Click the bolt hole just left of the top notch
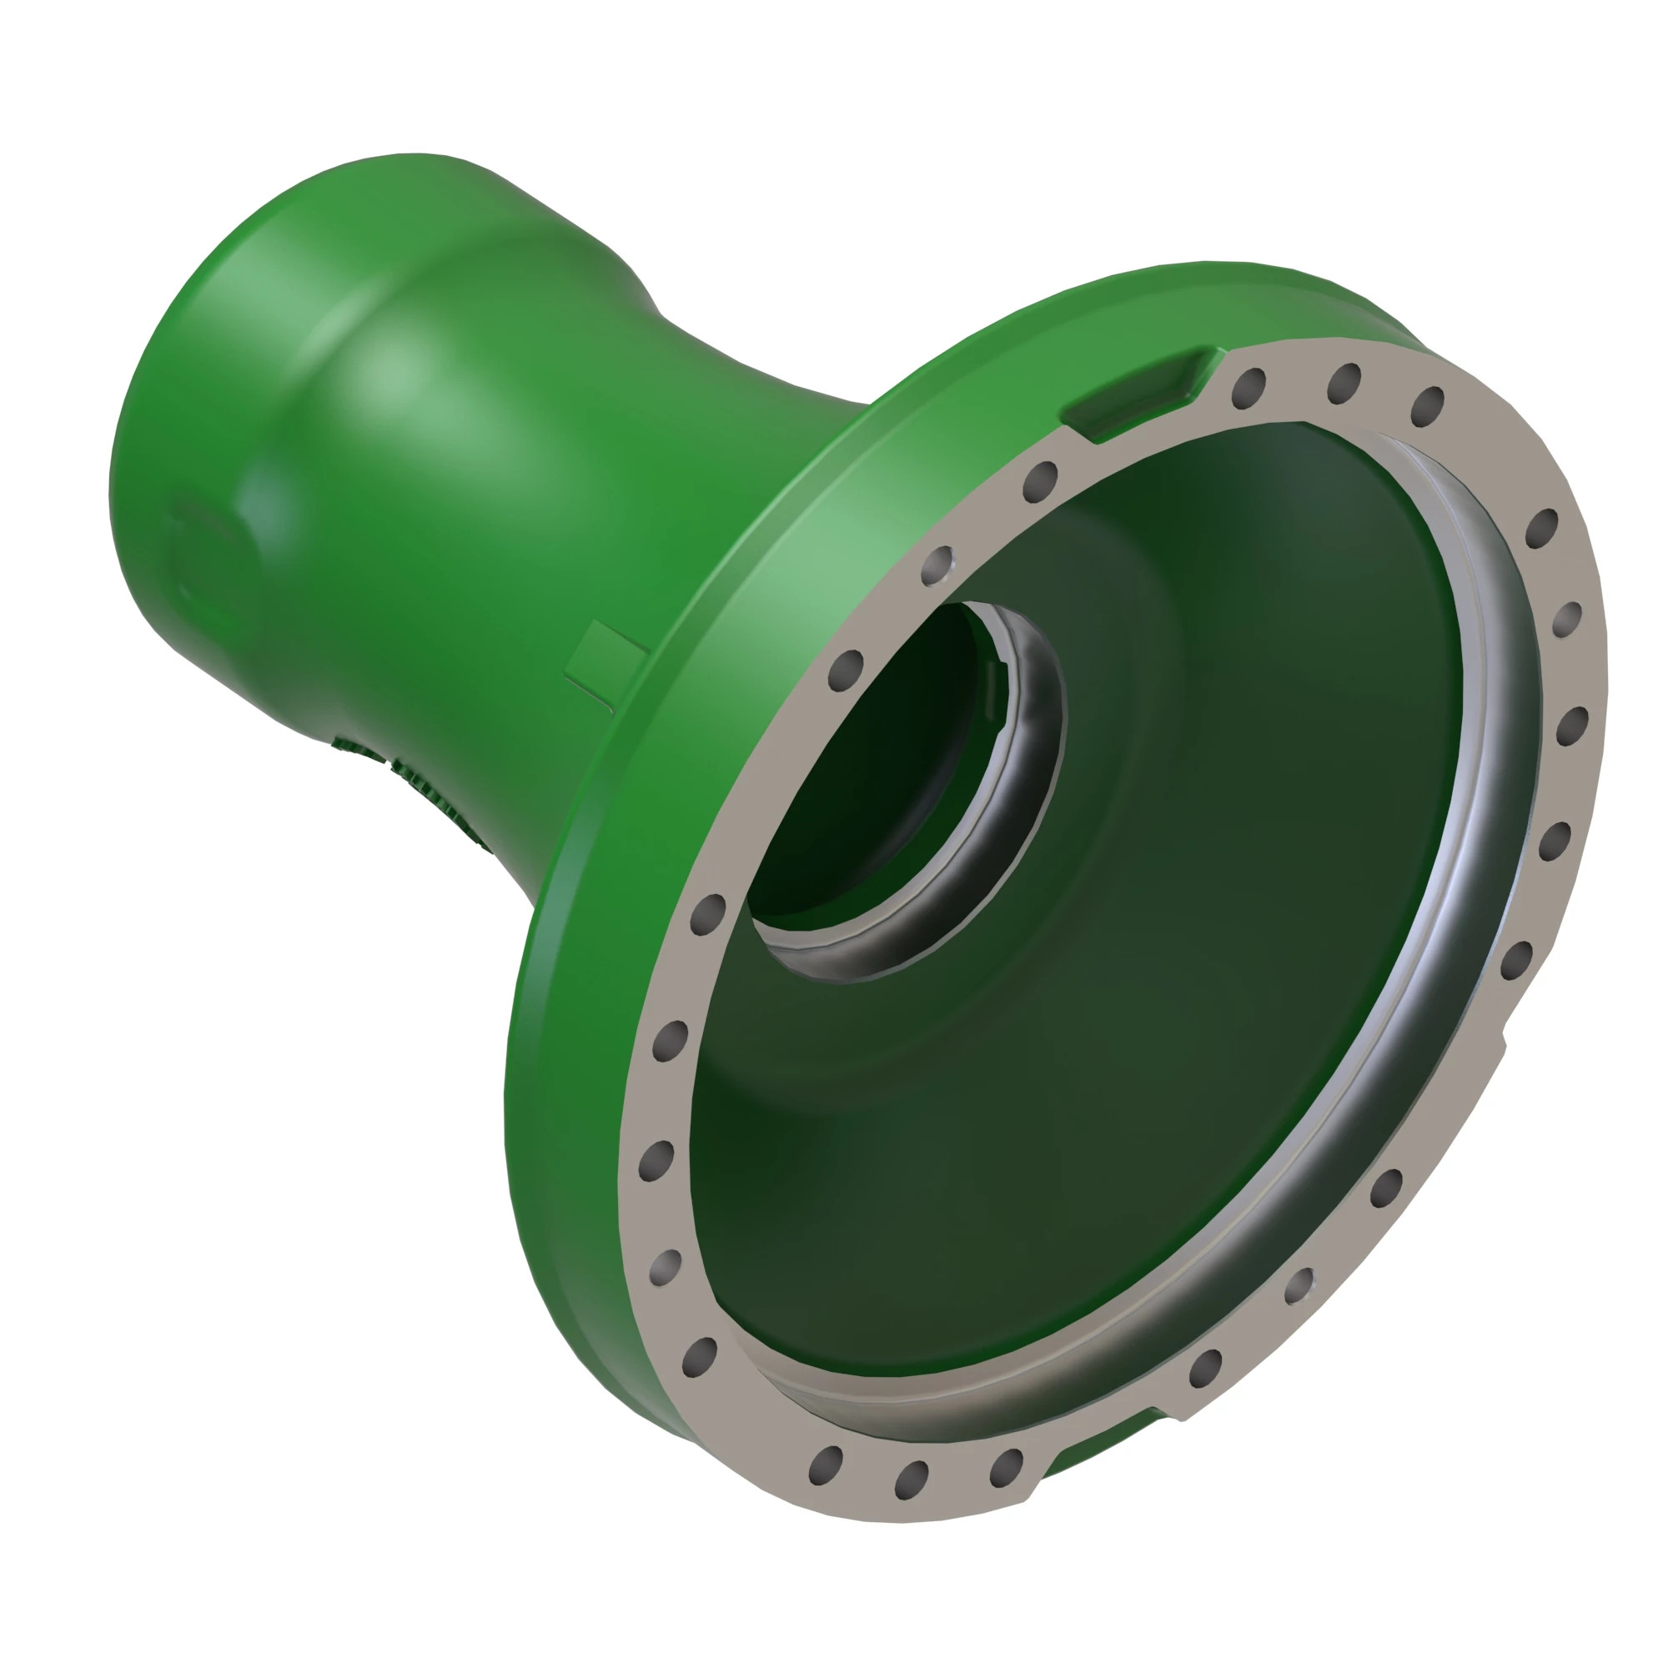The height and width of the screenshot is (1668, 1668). [x=1040, y=480]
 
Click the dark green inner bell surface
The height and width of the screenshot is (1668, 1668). [x=1166, y=992]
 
